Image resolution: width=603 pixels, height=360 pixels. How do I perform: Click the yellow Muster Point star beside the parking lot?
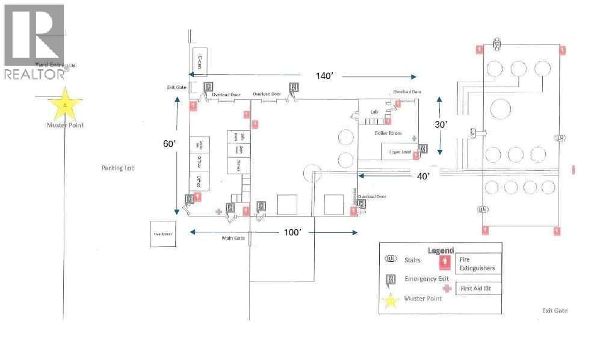tap(65, 105)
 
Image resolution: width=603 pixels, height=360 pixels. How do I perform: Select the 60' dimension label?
tap(170, 144)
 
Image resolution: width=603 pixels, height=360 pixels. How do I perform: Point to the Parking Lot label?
tap(117, 168)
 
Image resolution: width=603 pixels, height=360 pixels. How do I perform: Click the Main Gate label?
tap(232, 238)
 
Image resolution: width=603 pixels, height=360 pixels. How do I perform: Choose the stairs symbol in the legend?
tap(391, 259)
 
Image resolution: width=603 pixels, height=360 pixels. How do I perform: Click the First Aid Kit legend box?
tap(478, 288)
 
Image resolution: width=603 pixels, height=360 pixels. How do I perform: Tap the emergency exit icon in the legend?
tap(391, 279)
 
